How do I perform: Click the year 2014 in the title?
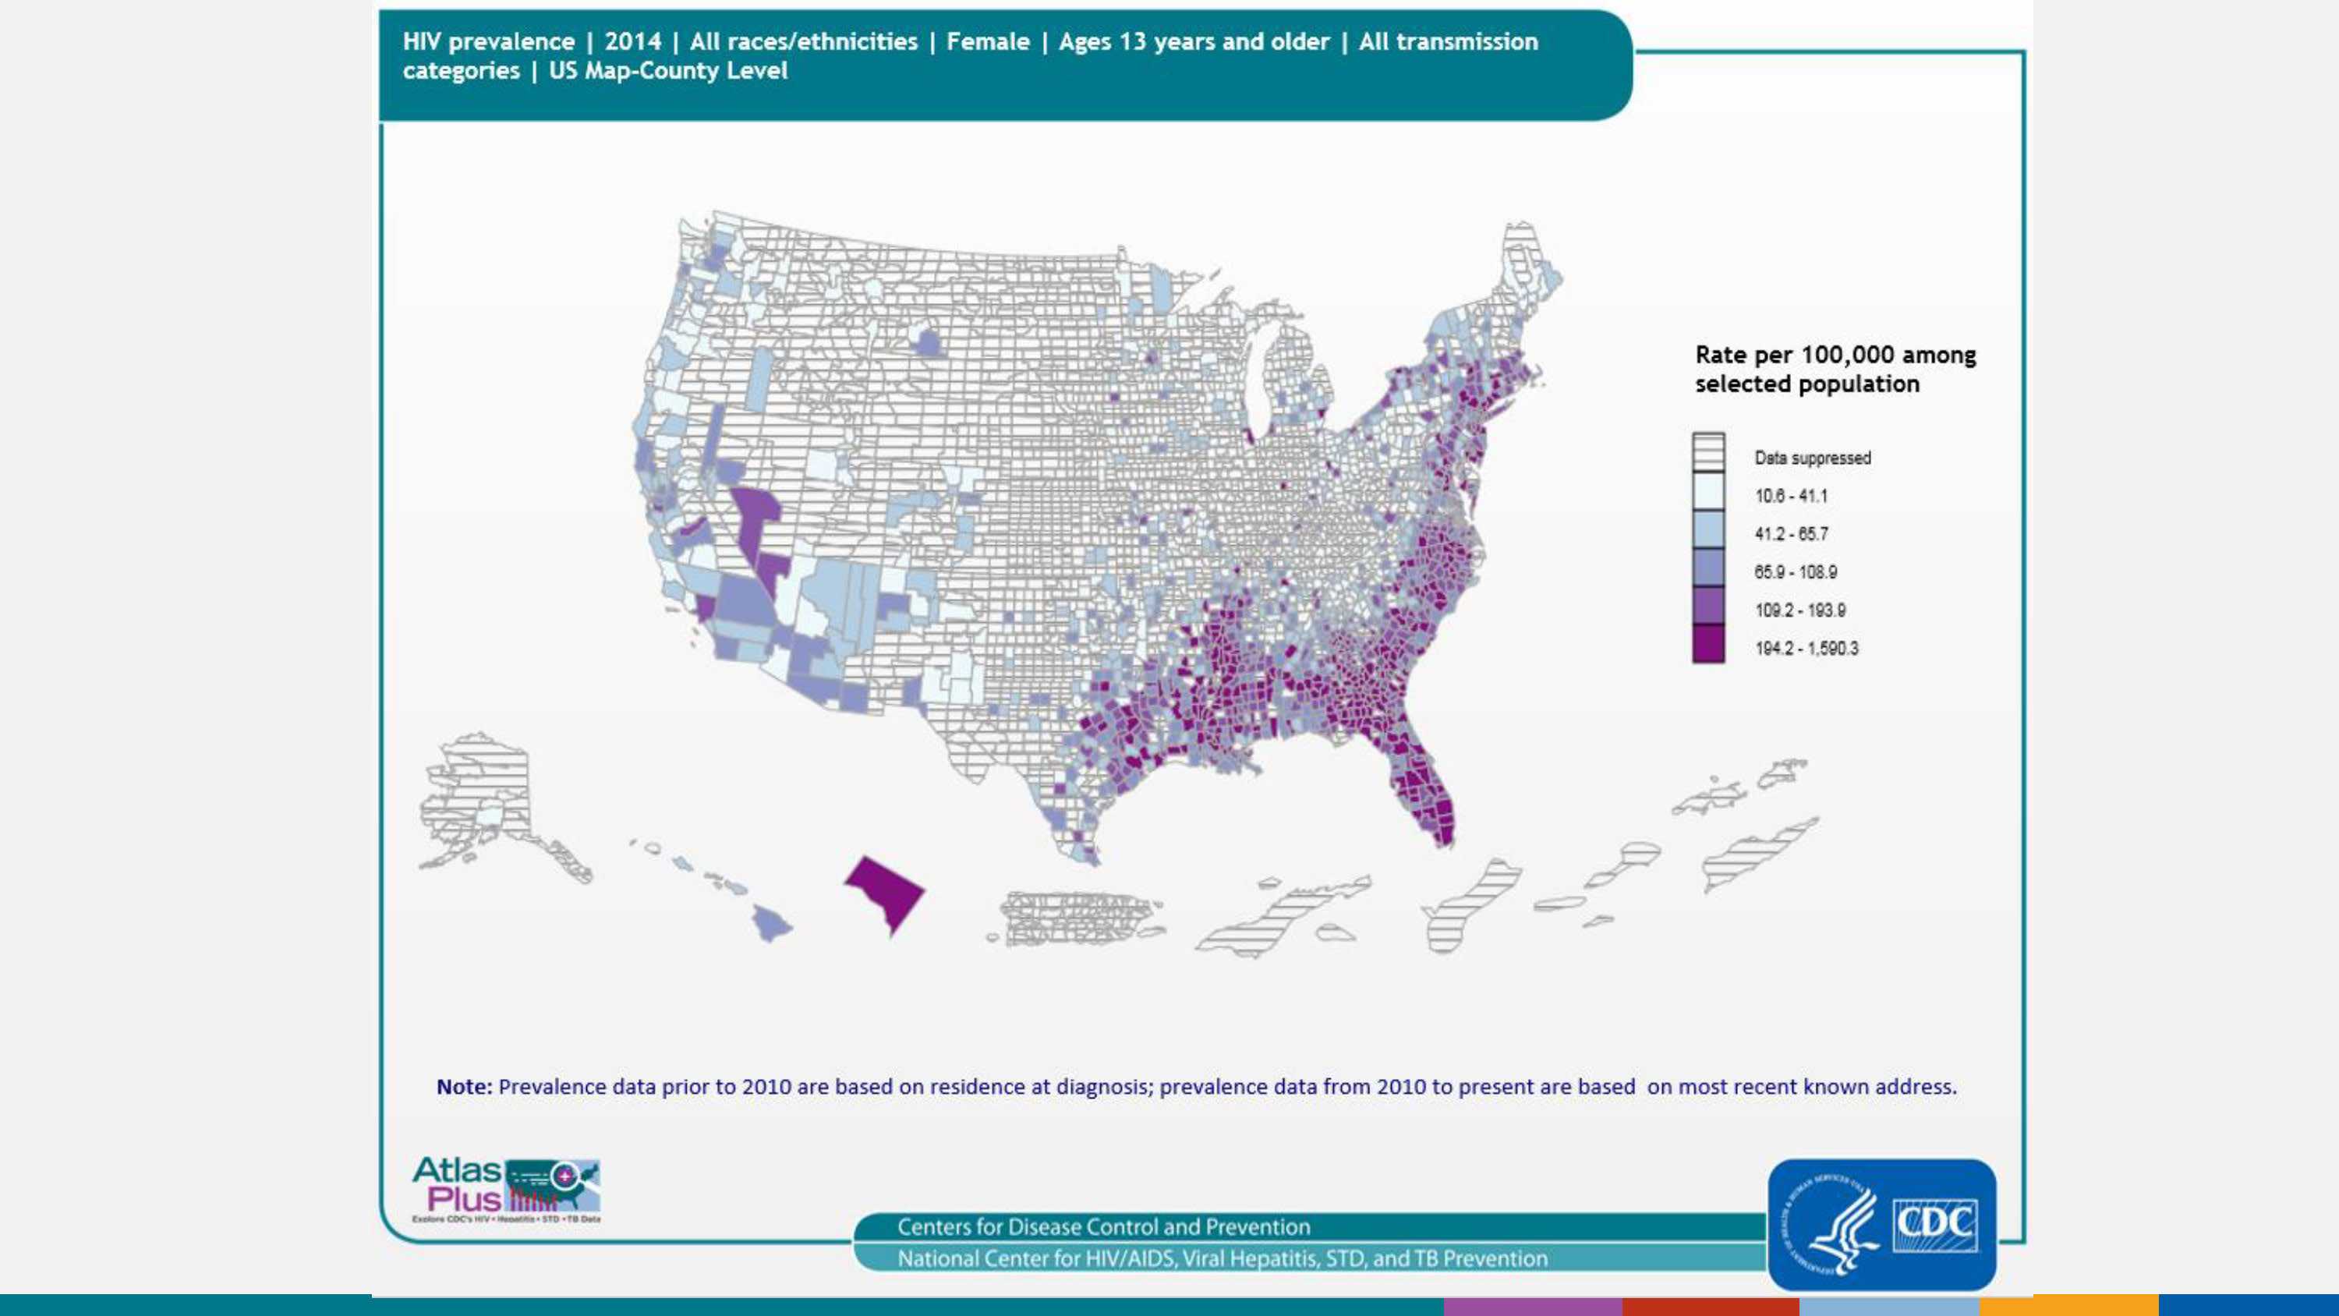[632, 42]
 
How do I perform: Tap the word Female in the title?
[988, 42]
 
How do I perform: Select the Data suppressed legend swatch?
[1708, 453]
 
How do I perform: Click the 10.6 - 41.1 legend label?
[1791, 496]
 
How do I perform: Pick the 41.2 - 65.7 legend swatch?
[1708, 529]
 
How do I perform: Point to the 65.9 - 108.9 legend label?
[1795, 572]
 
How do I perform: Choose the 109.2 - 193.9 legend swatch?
[1708, 606]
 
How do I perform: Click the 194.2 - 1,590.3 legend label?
[1806, 649]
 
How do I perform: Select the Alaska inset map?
[481, 799]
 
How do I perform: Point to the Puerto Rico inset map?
[1076, 918]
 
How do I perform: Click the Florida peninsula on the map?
[1425, 790]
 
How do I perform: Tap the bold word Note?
[464, 1087]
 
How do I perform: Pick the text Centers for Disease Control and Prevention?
[1103, 1227]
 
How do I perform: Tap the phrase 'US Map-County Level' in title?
[668, 71]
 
